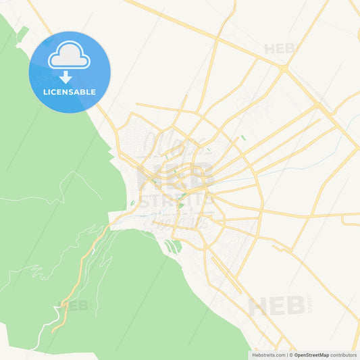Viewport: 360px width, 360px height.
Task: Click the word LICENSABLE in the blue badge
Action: click(x=70, y=92)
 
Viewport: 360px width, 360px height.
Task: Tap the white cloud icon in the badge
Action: click(x=69, y=56)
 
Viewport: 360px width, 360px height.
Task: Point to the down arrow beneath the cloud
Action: click(x=66, y=76)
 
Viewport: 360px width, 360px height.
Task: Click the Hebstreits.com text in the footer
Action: click(x=268, y=355)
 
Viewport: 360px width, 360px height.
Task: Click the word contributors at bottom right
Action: click(x=344, y=355)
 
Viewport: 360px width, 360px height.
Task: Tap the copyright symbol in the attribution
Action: click(x=290, y=355)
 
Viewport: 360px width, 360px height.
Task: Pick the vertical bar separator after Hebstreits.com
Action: click(x=286, y=355)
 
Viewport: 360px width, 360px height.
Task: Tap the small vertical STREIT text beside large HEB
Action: click(x=310, y=302)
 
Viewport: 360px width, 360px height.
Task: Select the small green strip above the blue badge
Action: click(x=22, y=33)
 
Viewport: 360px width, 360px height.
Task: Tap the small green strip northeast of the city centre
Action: click(x=242, y=138)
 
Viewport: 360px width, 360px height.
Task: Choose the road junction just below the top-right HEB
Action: click(x=285, y=69)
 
